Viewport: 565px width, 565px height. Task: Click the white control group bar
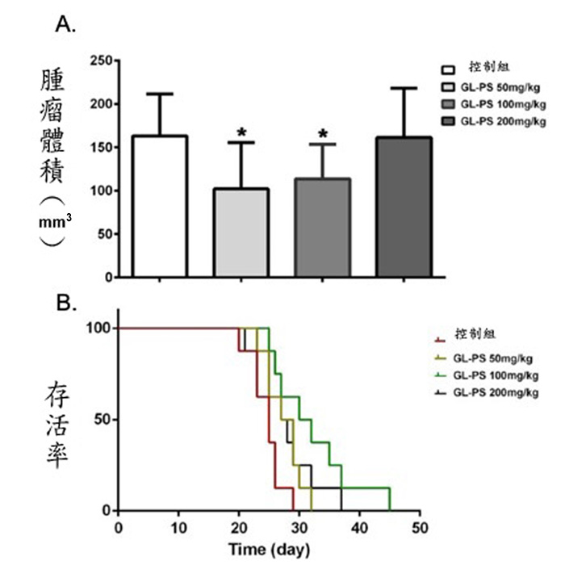click(159, 206)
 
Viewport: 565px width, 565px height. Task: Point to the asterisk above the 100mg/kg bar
click(324, 134)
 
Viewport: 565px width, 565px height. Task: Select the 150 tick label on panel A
click(98, 148)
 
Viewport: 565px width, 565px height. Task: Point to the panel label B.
click(65, 302)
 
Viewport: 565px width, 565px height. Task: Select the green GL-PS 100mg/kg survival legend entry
click(492, 375)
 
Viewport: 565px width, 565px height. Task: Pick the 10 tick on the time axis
click(178, 527)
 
